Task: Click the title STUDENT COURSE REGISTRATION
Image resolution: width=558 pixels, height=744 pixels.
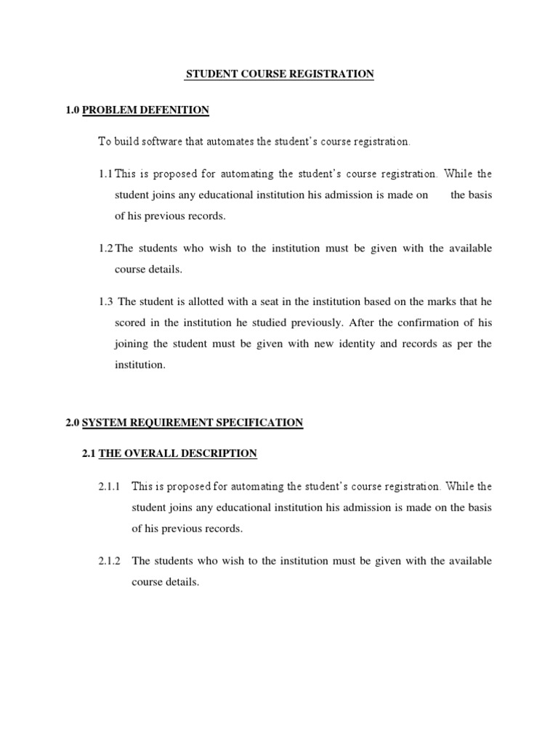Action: click(x=280, y=74)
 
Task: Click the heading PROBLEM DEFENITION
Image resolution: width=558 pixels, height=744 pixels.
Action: click(x=145, y=110)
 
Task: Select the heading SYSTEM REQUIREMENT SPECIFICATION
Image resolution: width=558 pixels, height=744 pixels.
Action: click(x=193, y=423)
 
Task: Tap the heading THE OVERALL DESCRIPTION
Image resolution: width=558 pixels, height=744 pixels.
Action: click(x=177, y=454)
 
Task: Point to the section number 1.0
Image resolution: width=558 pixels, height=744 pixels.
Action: click(x=73, y=110)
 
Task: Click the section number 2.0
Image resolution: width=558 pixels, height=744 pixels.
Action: click(x=73, y=423)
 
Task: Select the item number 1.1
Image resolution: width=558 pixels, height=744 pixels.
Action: click(x=105, y=174)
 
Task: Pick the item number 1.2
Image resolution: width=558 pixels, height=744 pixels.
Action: click(x=105, y=248)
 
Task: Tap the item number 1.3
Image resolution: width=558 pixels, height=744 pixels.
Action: click(x=106, y=302)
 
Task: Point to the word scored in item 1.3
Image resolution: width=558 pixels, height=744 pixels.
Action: click(x=131, y=323)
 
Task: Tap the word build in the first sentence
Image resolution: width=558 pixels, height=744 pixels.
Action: click(x=126, y=142)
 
